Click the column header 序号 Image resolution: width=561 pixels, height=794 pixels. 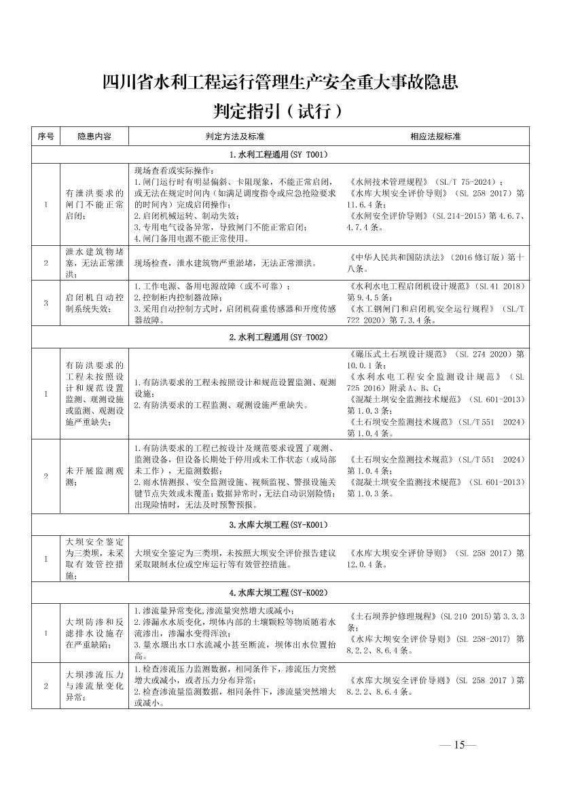click(46, 137)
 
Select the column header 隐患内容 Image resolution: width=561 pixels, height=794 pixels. click(94, 137)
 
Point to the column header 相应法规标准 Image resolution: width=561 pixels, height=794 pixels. click(435, 137)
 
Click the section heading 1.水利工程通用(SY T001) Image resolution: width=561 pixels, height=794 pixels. click(279, 155)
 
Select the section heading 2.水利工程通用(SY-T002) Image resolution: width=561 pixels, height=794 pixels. click(279, 337)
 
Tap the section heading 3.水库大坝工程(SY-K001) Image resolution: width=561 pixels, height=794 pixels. click(279, 524)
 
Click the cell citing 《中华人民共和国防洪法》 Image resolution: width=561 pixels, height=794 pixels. click(435, 262)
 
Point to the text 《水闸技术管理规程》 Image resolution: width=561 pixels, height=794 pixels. click(388, 182)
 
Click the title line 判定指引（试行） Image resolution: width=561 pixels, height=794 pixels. click(279, 109)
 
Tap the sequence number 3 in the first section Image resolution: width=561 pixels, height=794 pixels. click(46, 303)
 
